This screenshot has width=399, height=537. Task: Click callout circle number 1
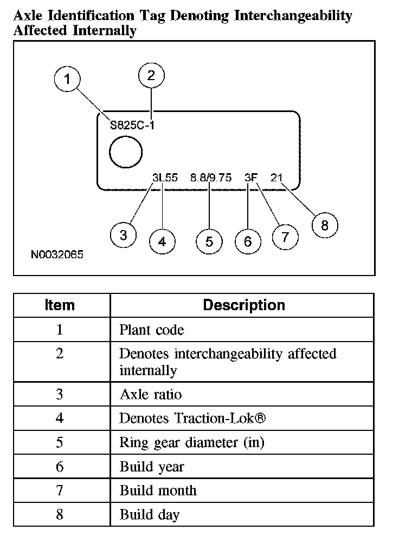coord(67,80)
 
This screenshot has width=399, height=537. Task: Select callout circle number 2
coord(151,75)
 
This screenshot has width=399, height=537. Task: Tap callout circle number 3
coord(123,235)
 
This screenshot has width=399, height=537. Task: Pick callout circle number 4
coord(163,241)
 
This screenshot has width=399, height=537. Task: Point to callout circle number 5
coord(210,241)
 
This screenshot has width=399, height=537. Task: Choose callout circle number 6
coord(248,241)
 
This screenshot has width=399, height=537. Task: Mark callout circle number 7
coord(285,237)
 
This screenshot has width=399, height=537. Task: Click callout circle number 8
coord(325,225)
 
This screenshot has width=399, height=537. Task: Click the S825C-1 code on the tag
coord(133,126)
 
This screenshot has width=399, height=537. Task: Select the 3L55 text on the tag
coord(165,177)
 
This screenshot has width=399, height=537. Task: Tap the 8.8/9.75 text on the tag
coord(211,177)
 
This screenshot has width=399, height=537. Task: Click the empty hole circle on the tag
coord(125,152)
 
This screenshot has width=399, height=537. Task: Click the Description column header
coord(244,305)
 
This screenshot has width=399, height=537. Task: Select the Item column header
coord(60,305)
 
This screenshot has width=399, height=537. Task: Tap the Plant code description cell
coord(152,330)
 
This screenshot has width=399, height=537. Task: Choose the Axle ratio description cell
coord(151,395)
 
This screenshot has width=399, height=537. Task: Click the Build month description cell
coord(158,490)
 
